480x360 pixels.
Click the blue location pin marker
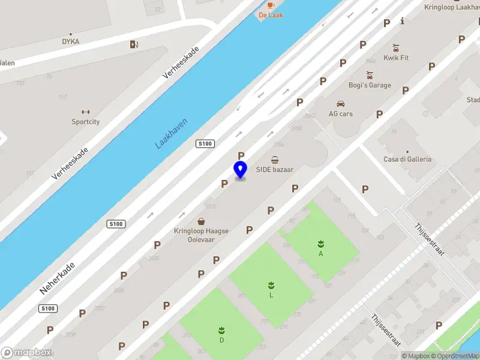[x=240, y=170]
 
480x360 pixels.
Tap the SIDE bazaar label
[x=275, y=170]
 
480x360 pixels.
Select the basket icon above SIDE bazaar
[x=275, y=160]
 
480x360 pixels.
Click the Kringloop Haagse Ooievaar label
[x=202, y=235]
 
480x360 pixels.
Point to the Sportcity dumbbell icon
[x=85, y=112]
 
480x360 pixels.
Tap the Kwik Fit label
[x=396, y=58]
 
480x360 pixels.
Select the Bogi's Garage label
[x=370, y=85]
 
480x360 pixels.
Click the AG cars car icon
[x=341, y=103]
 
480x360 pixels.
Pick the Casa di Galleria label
[x=407, y=160]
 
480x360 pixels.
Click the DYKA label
[x=70, y=42]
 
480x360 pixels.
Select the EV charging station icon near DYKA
[x=133, y=44]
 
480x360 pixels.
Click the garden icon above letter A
[x=321, y=243]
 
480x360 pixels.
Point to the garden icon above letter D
[x=221, y=330]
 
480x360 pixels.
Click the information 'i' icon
[x=402, y=21]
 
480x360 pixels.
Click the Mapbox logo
[x=26, y=353]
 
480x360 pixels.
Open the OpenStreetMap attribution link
[x=457, y=356]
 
